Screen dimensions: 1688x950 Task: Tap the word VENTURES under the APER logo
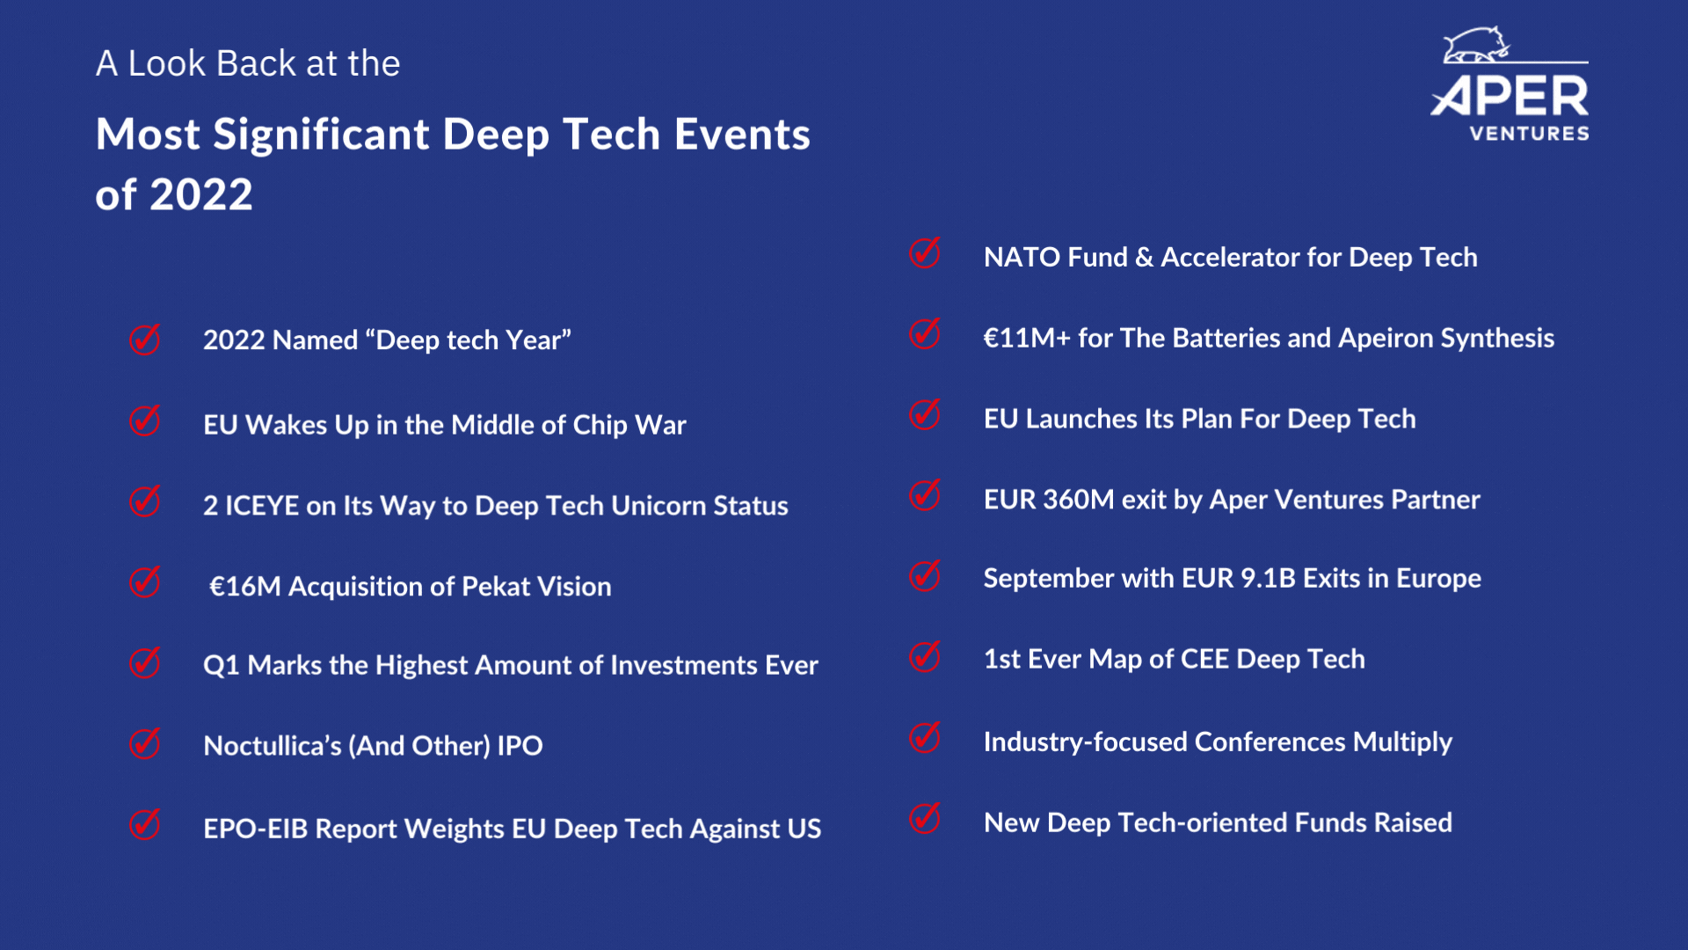(1530, 134)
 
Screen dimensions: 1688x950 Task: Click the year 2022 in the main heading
(201, 194)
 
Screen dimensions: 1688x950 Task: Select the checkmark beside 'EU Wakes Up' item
(145, 420)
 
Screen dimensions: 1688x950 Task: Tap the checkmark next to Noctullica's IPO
(145, 743)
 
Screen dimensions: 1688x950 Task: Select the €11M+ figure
(1027, 339)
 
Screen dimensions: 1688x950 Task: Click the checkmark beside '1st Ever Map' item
(925, 656)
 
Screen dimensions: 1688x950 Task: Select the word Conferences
(1270, 742)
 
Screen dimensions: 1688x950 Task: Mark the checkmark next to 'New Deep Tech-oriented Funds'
(925, 818)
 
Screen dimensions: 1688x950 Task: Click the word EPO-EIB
(256, 829)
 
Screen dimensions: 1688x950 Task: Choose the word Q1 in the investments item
(221, 666)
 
